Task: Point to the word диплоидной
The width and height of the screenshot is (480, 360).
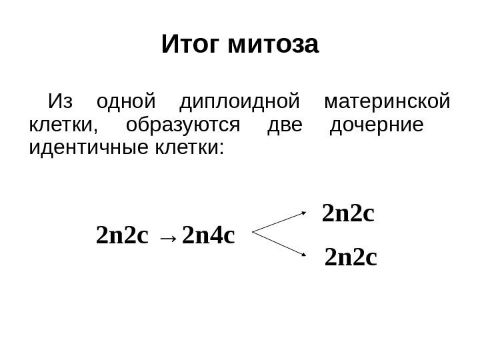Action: tap(238, 104)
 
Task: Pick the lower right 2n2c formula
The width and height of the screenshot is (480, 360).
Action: tap(351, 256)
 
